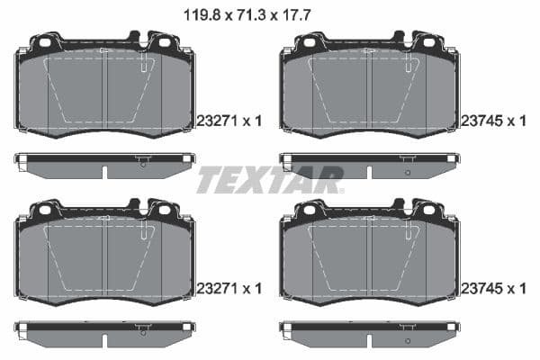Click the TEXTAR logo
click(270, 180)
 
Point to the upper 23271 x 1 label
click(229, 120)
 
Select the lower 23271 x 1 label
click(229, 289)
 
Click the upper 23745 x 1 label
click(493, 120)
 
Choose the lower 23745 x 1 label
click(493, 289)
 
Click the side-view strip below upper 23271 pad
click(103, 165)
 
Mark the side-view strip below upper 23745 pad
click(369, 165)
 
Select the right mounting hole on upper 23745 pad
click(428, 42)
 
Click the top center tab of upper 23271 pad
click(134, 37)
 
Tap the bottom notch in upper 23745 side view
click(369, 173)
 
